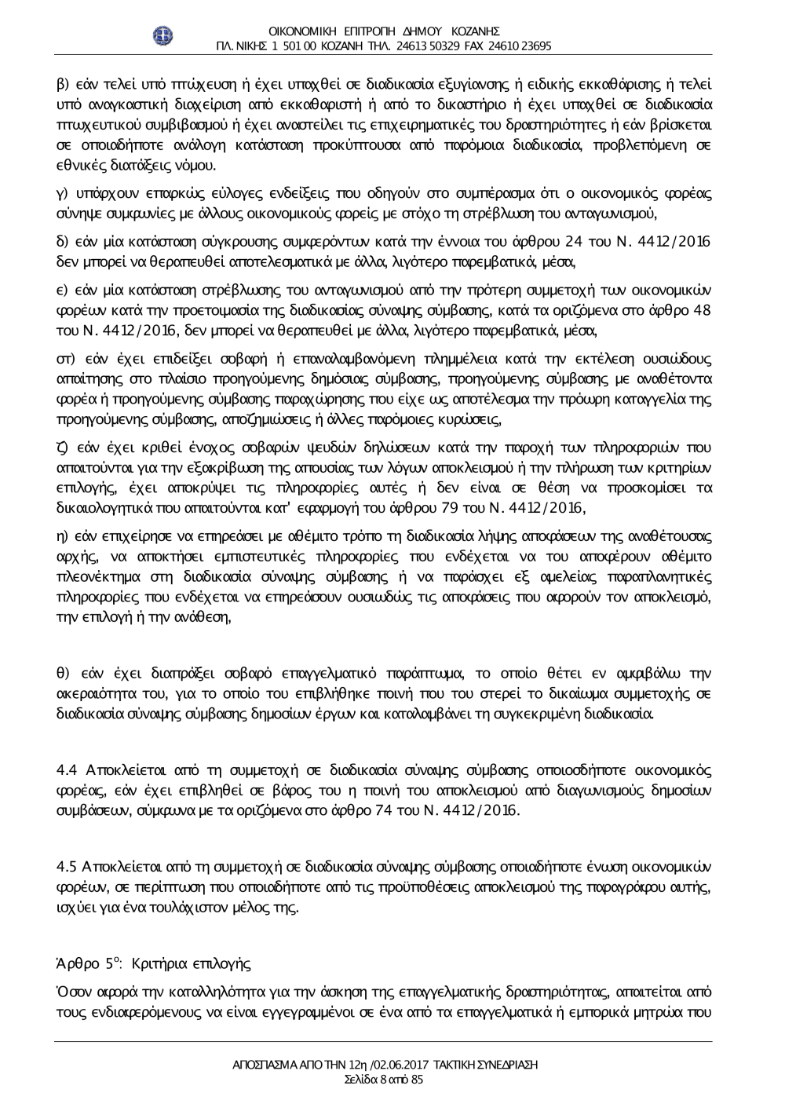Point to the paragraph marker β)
pos(63,84)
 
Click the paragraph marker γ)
pos(63,194)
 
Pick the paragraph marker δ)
pos(63,240)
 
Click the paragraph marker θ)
pos(63,674)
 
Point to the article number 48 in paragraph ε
pos(703,309)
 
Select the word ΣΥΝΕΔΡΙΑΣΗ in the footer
pos(509,1065)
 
